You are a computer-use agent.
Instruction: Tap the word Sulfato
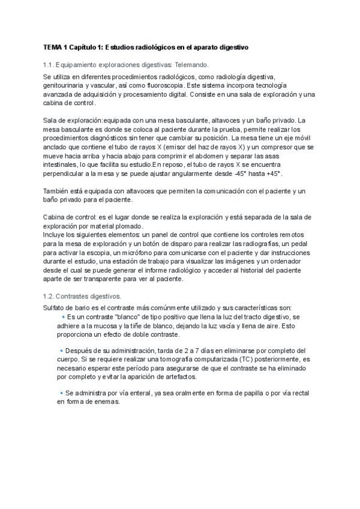tap(56, 307)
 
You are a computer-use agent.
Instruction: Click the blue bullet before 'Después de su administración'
tap(61, 350)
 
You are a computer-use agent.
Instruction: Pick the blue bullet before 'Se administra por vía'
tap(61, 393)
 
